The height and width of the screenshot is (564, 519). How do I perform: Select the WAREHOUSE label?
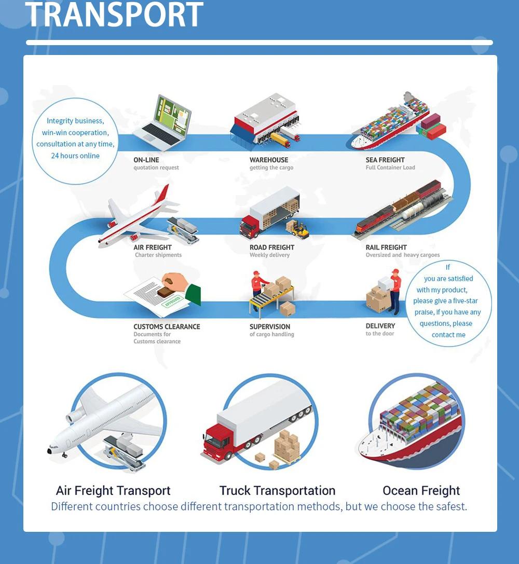[268, 160]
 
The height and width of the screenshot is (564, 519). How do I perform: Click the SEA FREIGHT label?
[385, 160]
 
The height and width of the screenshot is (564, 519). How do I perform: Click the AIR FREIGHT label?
[152, 247]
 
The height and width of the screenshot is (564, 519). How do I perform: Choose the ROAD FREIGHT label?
[271, 247]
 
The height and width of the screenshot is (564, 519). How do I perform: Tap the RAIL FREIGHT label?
[386, 247]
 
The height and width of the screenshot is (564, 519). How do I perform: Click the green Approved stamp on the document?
[172, 300]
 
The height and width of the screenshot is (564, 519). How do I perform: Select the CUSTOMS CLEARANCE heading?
[167, 326]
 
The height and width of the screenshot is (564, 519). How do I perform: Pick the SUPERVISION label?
[269, 326]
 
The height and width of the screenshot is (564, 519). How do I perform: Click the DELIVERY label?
[380, 326]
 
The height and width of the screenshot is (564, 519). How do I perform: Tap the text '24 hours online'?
[75, 156]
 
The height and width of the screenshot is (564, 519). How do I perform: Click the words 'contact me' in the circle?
[448, 335]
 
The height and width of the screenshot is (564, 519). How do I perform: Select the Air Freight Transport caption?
[113, 490]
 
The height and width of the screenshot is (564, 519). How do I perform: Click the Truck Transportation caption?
[277, 490]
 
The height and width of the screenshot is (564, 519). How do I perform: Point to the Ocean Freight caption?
[421, 490]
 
